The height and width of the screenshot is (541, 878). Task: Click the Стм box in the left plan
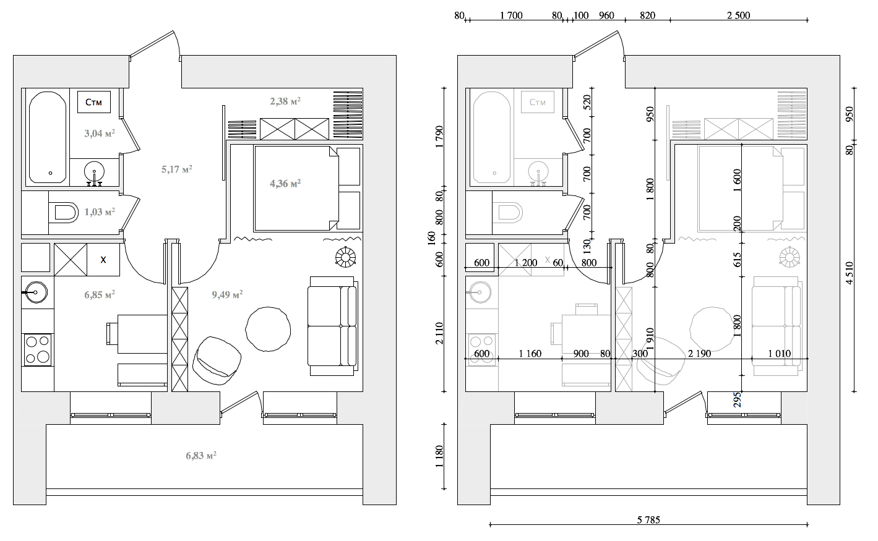pyautogui.click(x=94, y=102)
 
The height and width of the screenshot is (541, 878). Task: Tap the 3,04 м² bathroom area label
pyautogui.click(x=100, y=133)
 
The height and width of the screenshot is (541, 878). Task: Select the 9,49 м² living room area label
pyautogui.click(x=227, y=294)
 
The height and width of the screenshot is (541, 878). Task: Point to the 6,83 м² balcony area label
pyautogui.click(x=201, y=455)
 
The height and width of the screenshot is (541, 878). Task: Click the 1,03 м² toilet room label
pyautogui.click(x=100, y=212)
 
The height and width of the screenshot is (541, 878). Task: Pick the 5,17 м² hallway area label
pyautogui.click(x=177, y=169)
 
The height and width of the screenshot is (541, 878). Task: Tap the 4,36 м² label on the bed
pyautogui.click(x=285, y=183)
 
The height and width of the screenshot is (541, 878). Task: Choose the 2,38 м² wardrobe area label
pyautogui.click(x=285, y=101)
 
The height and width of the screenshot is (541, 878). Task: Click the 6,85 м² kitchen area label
pyautogui.click(x=100, y=294)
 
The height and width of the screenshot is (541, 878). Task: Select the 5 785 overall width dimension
pyautogui.click(x=648, y=520)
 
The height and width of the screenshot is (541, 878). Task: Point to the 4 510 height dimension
pyautogui.click(x=850, y=273)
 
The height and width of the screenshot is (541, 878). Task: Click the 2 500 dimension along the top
pyautogui.click(x=738, y=15)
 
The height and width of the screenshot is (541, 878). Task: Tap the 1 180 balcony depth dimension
pyautogui.click(x=439, y=456)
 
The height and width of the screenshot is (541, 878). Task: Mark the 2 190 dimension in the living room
pyautogui.click(x=700, y=354)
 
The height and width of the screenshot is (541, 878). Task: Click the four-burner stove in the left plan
pyautogui.click(x=38, y=350)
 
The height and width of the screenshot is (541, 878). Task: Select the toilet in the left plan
pyautogui.click(x=64, y=213)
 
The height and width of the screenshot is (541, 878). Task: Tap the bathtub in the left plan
pyautogui.click(x=48, y=137)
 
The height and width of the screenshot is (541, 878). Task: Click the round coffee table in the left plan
pyautogui.click(x=268, y=329)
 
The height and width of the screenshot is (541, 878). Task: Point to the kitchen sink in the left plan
pyautogui.click(x=37, y=292)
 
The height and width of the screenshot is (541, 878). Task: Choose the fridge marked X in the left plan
pyautogui.click(x=103, y=259)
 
